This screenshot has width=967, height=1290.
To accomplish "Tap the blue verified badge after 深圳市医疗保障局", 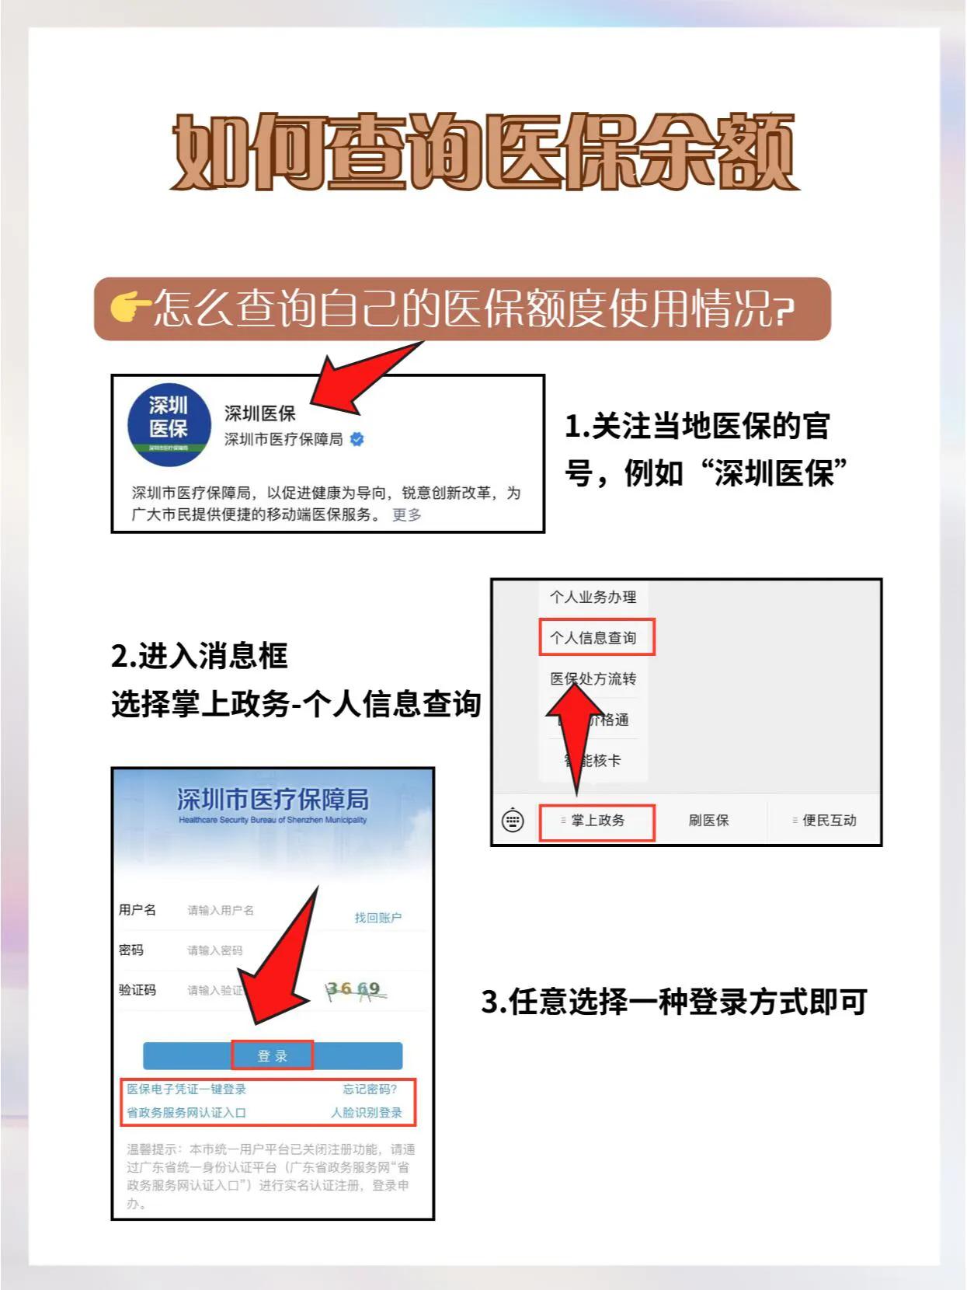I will tap(357, 439).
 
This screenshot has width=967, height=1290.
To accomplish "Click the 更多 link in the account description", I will tap(406, 514).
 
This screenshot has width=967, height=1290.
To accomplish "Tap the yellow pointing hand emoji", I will tap(130, 308).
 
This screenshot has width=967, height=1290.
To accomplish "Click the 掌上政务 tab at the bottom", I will tap(597, 821).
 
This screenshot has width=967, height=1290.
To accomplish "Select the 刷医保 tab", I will tap(708, 821).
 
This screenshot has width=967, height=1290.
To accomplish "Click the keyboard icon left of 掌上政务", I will tap(513, 821).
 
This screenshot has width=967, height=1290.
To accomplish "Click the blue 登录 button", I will tap(273, 1056).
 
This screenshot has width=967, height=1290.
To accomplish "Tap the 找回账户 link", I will tap(377, 918).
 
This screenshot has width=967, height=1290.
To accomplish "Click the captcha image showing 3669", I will tap(355, 990).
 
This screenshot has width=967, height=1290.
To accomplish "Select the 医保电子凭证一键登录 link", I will tap(186, 1090).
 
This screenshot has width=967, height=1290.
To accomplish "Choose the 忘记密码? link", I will tap(370, 1090).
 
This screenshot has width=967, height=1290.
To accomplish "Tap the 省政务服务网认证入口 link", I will tap(186, 1113).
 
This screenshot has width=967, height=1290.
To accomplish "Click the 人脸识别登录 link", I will tap(367, 1113).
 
